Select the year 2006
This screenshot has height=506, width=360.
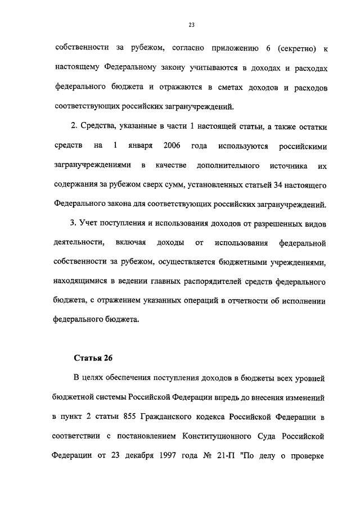click(x=172, y=146)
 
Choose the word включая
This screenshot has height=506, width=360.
click(x=130, y=243)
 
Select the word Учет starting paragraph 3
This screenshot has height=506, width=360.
click(x=89, y=224)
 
